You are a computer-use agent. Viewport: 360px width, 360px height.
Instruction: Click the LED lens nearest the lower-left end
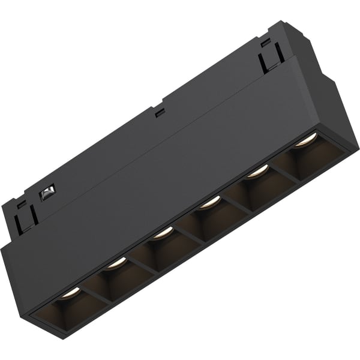(70, 291)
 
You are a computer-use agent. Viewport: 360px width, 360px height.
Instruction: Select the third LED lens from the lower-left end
(163, 233)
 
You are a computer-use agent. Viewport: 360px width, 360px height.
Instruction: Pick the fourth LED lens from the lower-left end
(210, 202)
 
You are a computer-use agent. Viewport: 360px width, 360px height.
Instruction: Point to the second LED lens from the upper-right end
(257, 171)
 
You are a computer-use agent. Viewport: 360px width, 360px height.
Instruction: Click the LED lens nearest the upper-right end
(305, 140)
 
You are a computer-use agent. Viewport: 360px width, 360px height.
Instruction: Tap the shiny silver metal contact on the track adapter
(46, 192)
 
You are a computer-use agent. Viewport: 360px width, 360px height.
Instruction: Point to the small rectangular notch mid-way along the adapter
(159, 112)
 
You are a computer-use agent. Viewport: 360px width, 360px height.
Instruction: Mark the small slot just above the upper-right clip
(266, 42)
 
